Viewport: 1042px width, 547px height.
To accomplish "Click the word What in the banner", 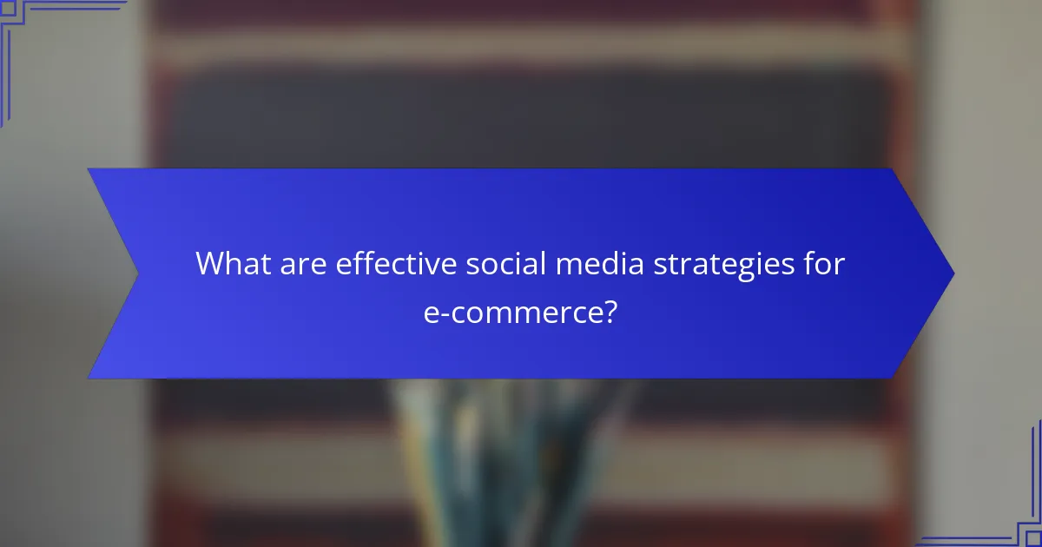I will coord(227,264).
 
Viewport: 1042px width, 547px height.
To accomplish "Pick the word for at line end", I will coord(822,264).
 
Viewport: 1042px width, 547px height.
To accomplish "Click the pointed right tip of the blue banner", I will coord(953,273).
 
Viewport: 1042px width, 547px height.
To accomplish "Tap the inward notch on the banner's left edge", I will coord(137,273).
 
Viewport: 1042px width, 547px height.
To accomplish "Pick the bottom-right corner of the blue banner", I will coord(893,378).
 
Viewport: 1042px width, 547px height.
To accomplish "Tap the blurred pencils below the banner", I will coord(512,460).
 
